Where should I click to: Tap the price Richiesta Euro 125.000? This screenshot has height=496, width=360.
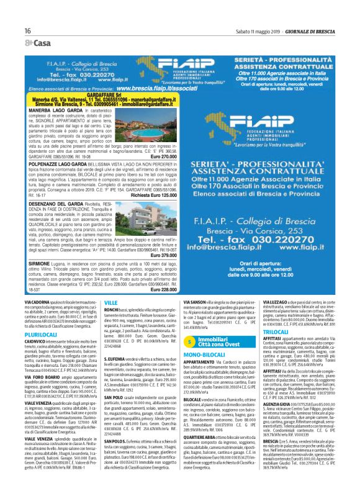[149, 195]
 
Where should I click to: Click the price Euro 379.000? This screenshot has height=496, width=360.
[160, 255]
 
